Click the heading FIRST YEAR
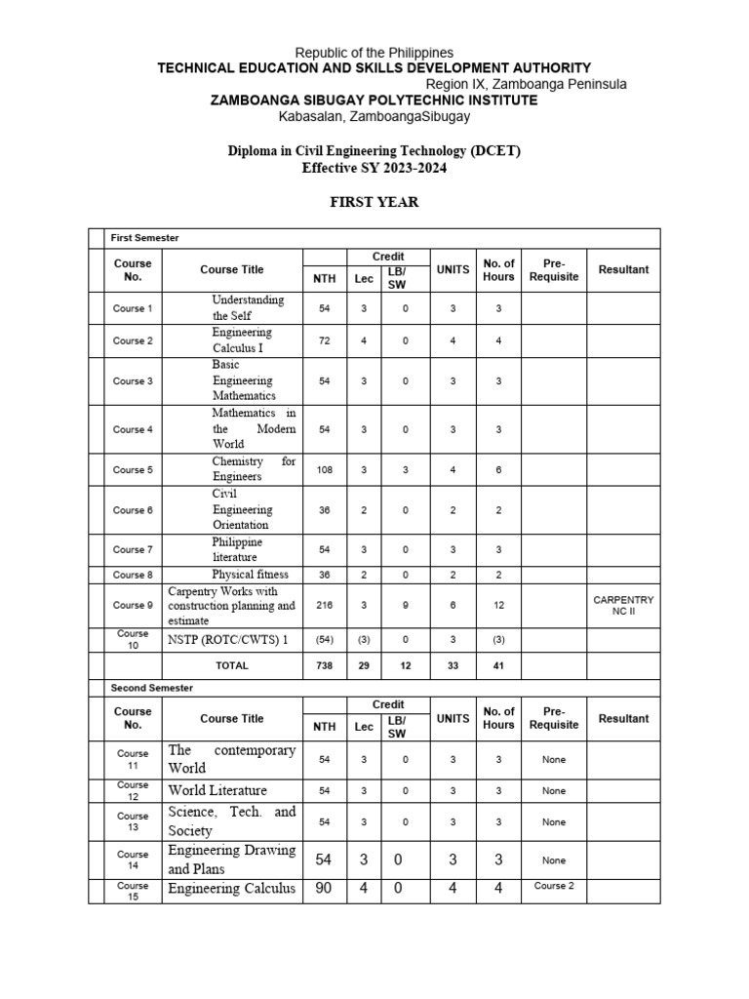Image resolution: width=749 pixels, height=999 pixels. (x=374, y=202)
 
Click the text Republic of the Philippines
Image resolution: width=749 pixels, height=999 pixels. (x=374, y=53)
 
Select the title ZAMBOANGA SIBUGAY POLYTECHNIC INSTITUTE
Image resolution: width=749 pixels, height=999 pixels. (x=374, y=100)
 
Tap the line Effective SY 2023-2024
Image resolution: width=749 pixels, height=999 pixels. (x=374, y=168)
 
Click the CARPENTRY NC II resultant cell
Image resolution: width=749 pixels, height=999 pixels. (x=623, y=605)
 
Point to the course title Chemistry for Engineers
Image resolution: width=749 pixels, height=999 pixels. (x=254, y=469)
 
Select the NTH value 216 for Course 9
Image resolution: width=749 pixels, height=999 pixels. (x=325, y=605)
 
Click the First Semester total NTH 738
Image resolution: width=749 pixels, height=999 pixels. (x=325, y=665)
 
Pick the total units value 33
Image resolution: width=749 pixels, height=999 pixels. (x=453, y=665)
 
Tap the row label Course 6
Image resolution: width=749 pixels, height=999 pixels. (x=133, y=510)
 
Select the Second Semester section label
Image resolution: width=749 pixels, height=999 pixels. (x=152, y=688)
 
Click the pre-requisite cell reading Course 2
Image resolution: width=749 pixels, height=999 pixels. (x=554, y=886)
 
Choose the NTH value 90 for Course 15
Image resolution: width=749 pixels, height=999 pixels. (x=325, y=889)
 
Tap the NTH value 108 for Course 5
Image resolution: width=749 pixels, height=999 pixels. (x=325, y=469)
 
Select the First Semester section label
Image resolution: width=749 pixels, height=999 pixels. (x=144, y=238)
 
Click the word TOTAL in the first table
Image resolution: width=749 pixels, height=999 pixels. (x=232, y=665)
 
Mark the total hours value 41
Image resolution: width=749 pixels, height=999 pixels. (x=498, y=665)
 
